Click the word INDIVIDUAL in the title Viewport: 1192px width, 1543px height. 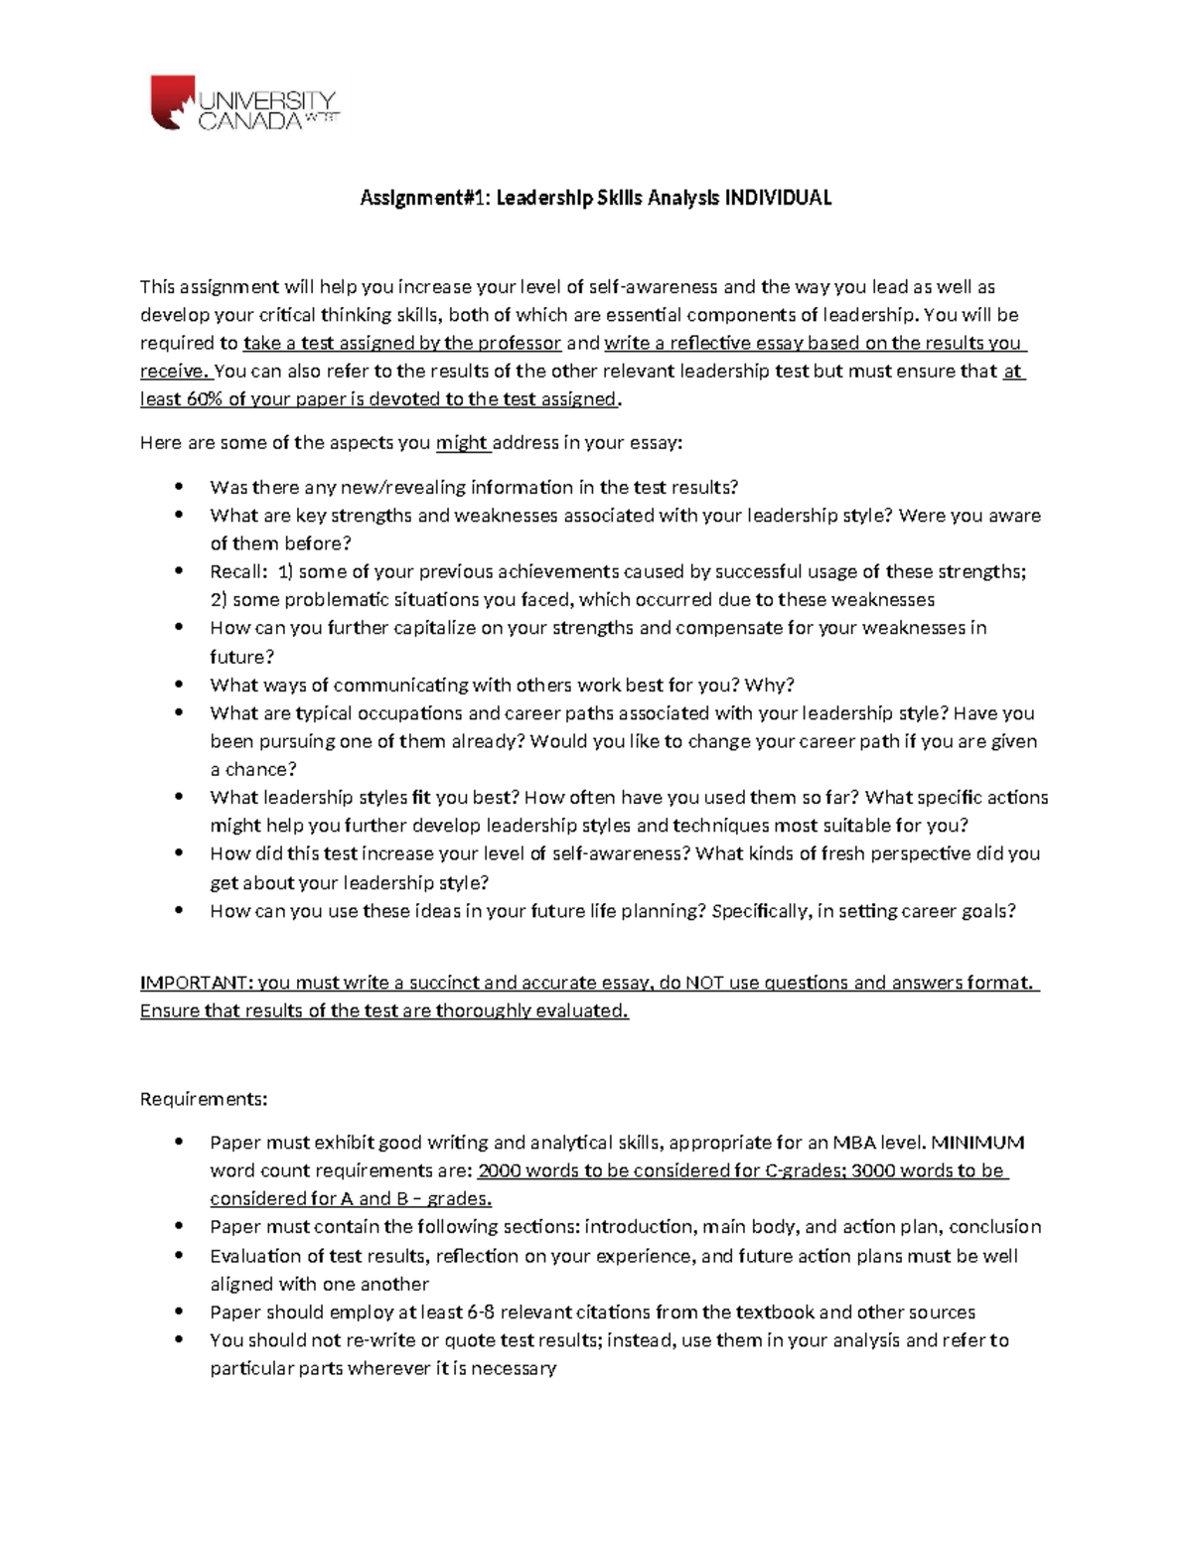coord(778,198)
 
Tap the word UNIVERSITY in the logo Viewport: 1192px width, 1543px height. coord(268,100)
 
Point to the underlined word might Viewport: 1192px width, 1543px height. coord(462,443)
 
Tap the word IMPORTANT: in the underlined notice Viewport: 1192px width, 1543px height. coord(196,983)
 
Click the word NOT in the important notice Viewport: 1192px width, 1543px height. coord(703,983)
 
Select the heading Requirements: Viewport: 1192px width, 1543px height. coord(204,1099)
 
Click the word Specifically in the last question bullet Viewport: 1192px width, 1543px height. coord(760,911)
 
